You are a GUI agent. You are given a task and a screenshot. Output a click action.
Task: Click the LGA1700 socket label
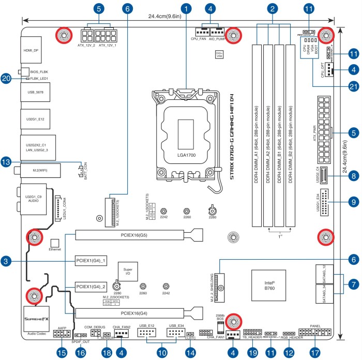[x=185, y=154]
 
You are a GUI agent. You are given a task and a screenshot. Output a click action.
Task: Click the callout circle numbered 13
[x=6, y=162]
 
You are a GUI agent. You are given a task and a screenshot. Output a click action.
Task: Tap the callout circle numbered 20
[x=6, y=78]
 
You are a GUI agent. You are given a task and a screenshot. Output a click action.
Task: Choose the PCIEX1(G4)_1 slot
[x=91, y=260]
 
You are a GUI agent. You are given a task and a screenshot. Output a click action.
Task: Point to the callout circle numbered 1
[x=187, y=9]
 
